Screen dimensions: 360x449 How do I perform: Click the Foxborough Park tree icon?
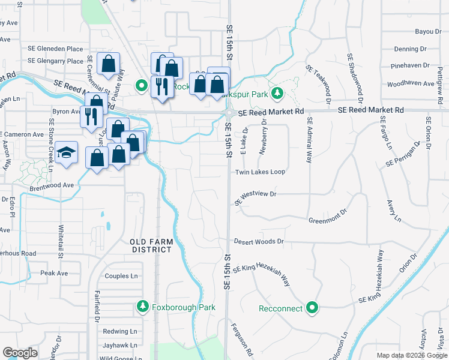(143, 307)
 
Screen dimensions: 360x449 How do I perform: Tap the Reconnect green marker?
(312, 308)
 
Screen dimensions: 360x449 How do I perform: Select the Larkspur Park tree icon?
(277, 94)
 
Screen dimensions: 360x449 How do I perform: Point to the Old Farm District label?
(152, 245)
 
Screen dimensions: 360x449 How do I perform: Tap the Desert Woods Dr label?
(258, 241)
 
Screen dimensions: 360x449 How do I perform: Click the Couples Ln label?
(121, 276)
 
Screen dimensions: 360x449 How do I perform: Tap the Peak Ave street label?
(54, 273)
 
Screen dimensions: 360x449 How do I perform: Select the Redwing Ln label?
(119, 331)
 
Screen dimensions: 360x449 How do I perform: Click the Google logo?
(20, 352)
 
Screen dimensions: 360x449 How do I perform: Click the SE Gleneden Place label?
(55, 49)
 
